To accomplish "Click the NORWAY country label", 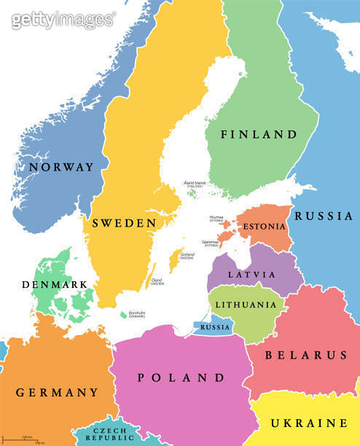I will (x=61, y=167).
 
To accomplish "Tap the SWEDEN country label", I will (x=124, y=223).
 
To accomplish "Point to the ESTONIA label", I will (x=265, y=227).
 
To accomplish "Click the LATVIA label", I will (x=251, y=275).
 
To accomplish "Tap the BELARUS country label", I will (x=305, y=356).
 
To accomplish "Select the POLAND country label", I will (x=181, y=377).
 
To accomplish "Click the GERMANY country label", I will (x=57, y=392).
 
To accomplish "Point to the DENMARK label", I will (x=55, y=284).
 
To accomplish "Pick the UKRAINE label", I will (x=309, y=423).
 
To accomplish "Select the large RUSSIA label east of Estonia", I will (x=324, y=216).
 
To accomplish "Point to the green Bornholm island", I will (x=123, y=315).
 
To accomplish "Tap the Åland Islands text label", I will (x=196, y=184).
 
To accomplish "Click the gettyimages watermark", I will (x=63, y=20).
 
